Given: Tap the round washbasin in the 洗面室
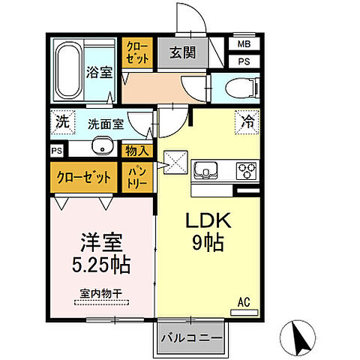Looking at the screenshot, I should (100, 147).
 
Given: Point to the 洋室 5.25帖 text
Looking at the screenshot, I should (103, 253).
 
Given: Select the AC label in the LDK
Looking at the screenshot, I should (244, 302).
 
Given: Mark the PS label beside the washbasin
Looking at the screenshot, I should (57, 151).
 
